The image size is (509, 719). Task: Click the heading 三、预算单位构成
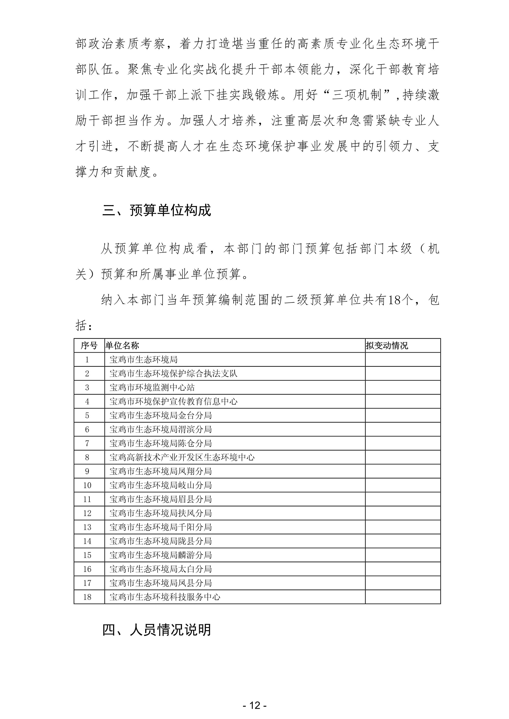[x=157, y=210]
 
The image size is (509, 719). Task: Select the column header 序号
[x=89, y=345]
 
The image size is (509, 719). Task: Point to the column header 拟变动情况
[x=387, y=345]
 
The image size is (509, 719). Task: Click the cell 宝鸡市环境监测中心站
[x=152, y=387]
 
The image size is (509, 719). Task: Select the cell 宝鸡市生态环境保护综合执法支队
[x=173, y=373]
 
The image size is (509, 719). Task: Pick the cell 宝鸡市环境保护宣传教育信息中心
[x=173, y=401]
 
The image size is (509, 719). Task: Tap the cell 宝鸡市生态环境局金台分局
[x=160, y=415]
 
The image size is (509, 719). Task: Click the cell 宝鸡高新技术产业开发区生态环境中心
[x=182, y=457]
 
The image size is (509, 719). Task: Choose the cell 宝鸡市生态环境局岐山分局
[x=160, y=485]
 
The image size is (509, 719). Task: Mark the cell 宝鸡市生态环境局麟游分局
[x=160, y=555]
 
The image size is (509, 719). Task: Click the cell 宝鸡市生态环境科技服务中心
[x=165, y=597]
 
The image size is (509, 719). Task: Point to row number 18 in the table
[x=87, y=597]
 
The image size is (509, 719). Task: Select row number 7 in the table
[x=87, y=443]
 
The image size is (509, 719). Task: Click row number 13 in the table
[x=87, y=527]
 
